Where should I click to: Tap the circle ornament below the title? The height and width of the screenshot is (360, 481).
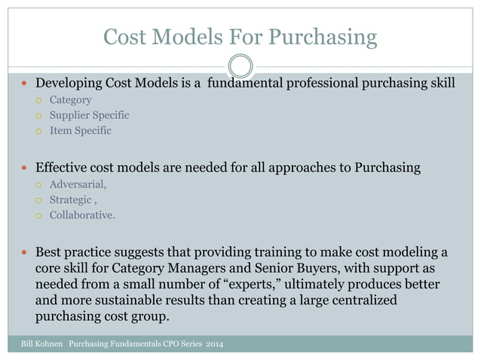click(240, 66)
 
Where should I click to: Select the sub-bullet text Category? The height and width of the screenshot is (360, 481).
click(71, 99)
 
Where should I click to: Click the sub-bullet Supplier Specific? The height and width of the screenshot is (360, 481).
click(89, 115)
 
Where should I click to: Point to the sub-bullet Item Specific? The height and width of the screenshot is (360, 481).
click(80, 130)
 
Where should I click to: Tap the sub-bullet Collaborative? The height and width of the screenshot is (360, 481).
click(82, 215)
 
